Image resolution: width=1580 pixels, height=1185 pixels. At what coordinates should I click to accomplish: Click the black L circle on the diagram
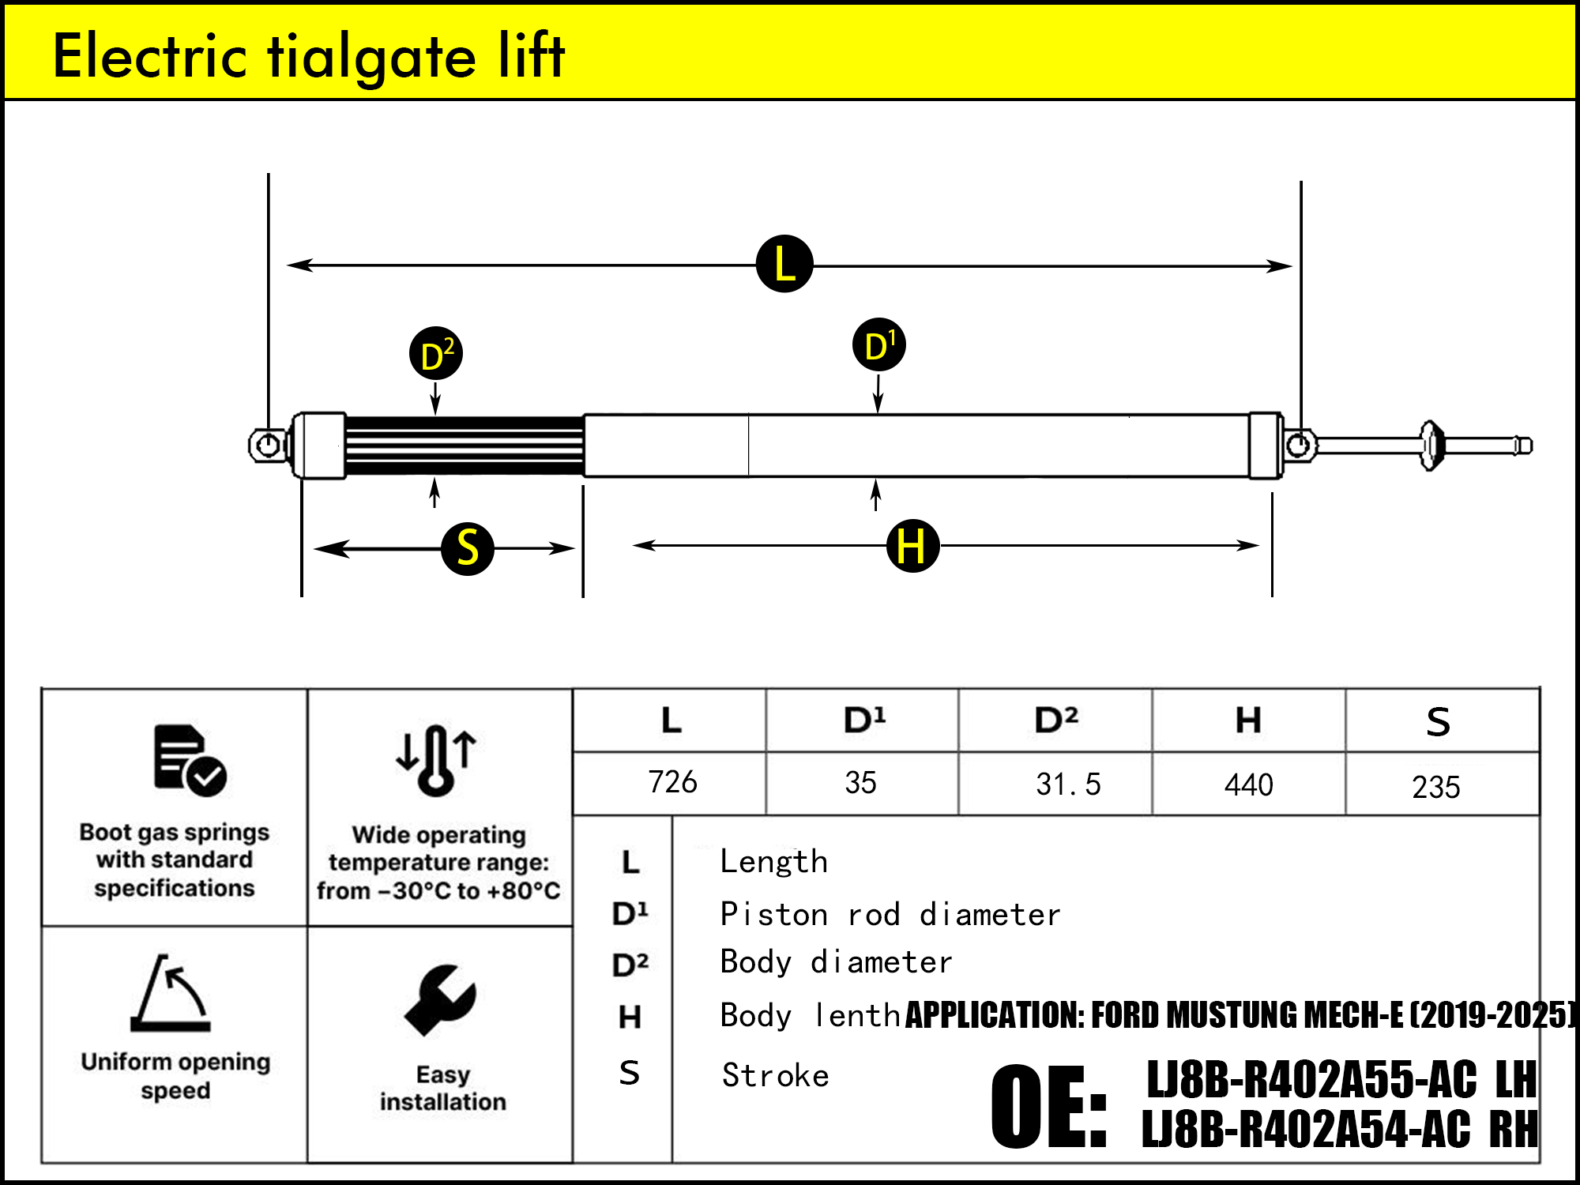784,264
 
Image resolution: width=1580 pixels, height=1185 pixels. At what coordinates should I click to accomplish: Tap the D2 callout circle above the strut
436,354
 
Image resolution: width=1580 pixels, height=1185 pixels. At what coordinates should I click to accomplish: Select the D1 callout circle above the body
879,345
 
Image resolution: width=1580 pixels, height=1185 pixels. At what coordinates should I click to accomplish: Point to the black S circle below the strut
468,548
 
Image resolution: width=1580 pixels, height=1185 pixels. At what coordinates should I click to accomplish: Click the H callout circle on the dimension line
912,546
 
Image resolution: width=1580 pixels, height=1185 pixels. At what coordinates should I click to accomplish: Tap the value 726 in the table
672,782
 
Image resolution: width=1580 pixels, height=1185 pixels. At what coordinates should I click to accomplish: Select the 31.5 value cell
1068,784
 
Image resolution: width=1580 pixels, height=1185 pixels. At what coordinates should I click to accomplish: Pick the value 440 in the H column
1249,785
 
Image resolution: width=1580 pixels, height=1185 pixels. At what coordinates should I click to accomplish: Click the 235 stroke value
1436,787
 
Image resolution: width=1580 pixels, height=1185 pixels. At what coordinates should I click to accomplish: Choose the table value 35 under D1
860,783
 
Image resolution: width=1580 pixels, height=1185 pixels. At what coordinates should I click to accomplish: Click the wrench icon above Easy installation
440,1000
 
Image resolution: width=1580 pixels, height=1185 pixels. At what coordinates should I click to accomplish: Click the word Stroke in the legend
775,1075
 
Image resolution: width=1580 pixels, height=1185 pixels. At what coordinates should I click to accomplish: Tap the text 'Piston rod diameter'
890,915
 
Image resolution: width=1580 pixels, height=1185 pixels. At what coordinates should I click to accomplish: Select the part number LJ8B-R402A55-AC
1311,1080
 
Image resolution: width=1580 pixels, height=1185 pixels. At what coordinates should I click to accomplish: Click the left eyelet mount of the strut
269,445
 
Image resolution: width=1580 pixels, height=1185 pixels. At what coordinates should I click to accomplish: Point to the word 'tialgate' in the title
372,57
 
